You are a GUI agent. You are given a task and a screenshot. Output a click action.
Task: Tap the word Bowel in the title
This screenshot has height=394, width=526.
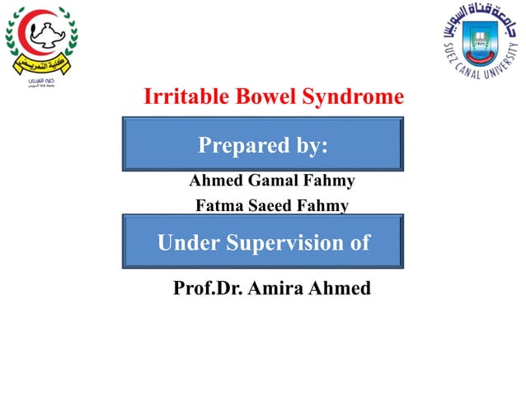point(254,97)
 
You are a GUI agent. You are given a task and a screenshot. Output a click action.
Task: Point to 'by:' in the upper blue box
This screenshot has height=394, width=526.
point(308,146)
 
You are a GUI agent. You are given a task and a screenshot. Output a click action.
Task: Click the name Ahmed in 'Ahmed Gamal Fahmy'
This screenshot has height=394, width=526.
point(213,180)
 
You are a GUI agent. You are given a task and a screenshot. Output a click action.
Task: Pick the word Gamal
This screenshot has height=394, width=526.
point(268,180)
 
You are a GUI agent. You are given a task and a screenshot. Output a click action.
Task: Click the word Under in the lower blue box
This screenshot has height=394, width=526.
point(188,243)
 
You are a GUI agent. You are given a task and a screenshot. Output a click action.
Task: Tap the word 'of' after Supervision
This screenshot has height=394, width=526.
point(359,243)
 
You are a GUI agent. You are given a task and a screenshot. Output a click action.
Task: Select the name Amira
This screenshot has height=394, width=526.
point(276,288)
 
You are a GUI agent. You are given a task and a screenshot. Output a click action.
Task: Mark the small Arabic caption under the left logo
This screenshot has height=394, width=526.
point(40,85)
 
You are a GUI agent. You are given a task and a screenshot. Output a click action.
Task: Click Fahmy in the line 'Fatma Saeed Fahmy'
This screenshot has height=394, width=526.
point(325,205)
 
